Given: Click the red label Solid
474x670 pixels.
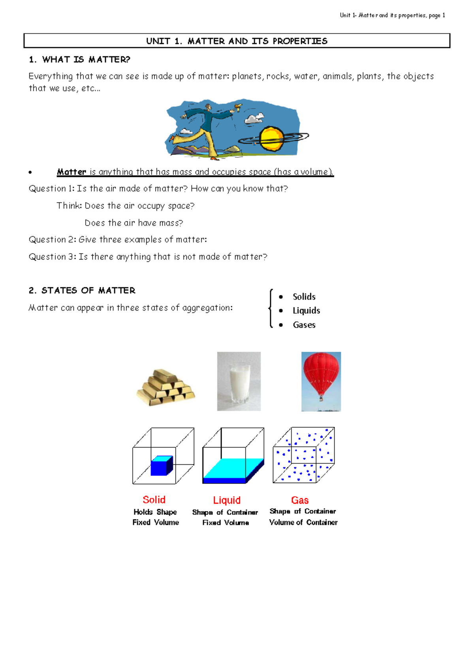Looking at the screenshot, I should tap(154, 500).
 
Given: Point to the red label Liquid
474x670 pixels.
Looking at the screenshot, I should tap(227, 500).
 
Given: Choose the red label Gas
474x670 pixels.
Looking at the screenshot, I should tap(300, 500).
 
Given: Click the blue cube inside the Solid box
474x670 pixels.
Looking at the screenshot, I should tap(162, 466).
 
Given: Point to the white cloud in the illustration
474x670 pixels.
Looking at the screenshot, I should tap(255, 118).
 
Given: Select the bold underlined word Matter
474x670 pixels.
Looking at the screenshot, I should tap(71, 172).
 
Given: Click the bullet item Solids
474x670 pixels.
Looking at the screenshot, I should tap(304, 297).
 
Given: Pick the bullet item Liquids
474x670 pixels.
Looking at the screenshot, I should tap(306, 311).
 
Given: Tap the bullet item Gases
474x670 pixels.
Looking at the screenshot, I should tap(304, 325).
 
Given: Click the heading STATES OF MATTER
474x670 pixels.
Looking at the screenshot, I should tap(88, 290).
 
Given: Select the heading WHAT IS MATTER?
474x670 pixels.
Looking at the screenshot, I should tap(86, 60).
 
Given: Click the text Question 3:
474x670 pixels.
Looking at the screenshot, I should tap(53, 257).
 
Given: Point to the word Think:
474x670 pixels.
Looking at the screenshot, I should tap(69, 206).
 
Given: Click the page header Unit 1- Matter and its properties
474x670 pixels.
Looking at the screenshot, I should tap(392, 15).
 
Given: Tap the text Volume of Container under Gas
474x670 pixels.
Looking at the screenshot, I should tap(303, 522).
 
